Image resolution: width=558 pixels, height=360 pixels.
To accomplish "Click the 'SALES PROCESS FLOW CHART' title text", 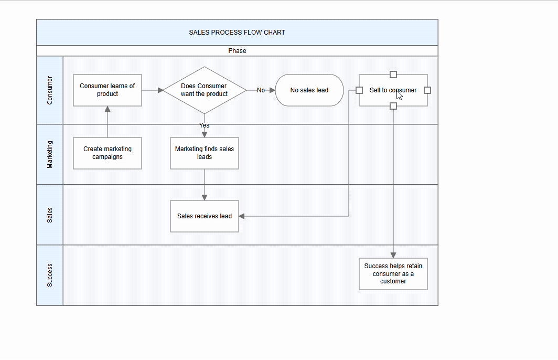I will pos(237,33).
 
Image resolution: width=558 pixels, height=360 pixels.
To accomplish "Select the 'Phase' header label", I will pos(237,51).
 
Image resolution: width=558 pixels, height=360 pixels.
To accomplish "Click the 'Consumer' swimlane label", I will pos(50,90).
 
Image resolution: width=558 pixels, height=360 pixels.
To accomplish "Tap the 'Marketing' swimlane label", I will pos(50,154).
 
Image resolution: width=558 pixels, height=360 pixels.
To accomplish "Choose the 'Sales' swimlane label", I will pos(50,215).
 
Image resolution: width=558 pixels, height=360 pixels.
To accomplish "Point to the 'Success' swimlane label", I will pos(50,275).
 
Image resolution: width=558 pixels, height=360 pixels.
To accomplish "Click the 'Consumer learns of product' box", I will pos(108,90).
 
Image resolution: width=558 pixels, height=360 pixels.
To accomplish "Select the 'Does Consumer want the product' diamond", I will pos(205,90).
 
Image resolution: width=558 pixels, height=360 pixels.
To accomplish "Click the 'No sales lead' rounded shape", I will pos(309,90).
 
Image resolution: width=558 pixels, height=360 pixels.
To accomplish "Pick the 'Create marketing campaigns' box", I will pos(108,153).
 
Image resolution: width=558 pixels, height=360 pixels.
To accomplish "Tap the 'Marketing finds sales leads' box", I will pos(205,153).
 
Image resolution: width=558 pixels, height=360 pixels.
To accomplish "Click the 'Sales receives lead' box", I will pos(205,216).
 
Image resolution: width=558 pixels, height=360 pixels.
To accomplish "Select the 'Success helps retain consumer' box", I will pos(393,274).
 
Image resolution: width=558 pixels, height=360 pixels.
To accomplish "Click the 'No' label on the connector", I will pos(261,90).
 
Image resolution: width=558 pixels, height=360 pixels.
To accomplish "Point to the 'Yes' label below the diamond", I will pos(205,125).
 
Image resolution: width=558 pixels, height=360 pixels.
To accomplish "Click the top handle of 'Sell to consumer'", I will pos(393,75).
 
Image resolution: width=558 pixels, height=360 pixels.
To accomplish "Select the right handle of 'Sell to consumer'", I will pos(427,90).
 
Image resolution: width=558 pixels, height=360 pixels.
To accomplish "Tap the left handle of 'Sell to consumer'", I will pos(359,90).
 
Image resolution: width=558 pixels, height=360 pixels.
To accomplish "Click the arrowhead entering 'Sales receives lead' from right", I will pos(242,216).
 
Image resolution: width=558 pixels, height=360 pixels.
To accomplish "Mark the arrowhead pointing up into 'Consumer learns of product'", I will pos(108,109).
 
